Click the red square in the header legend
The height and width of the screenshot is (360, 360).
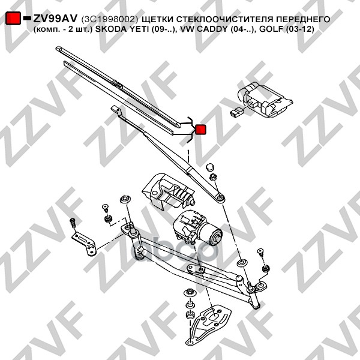pos(13,18)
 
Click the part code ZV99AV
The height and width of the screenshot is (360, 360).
pos(55,19)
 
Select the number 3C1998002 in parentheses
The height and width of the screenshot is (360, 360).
pos(110,20)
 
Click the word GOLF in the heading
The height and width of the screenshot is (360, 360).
pos(272,29)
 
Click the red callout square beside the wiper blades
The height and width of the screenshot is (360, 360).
pos(200,130)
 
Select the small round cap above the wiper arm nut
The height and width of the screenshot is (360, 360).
pos(210,167)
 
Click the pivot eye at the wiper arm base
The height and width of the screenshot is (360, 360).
pos(220,197)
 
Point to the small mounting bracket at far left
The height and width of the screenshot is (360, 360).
pos(85,244)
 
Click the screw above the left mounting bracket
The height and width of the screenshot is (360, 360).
pos(73,223)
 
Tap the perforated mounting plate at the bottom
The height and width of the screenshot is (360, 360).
pos(210,323)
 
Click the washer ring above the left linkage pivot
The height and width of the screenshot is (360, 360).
pos(125,199)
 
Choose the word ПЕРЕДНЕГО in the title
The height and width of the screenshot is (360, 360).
pos(303,20)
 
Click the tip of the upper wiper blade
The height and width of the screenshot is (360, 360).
pos(57,48)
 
